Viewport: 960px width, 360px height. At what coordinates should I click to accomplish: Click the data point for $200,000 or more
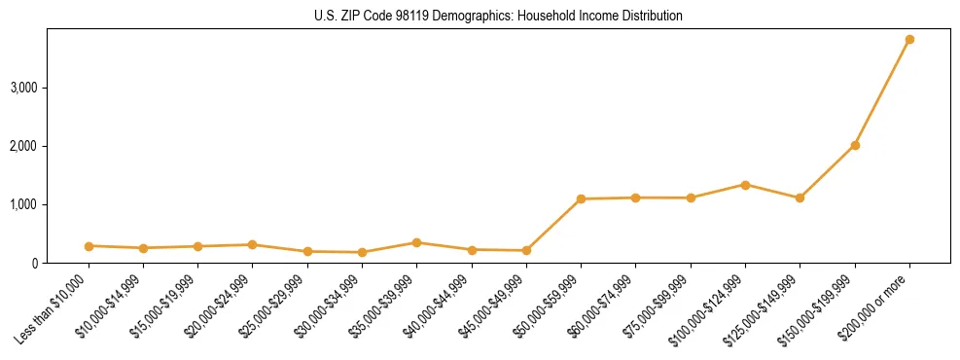[x=909, y=40]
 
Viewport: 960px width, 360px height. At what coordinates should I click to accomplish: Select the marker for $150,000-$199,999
[x=855, y=145]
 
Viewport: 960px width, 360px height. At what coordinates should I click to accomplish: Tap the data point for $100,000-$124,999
[x=745, y=185]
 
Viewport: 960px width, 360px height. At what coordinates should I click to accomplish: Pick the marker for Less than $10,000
[x=89, y=246]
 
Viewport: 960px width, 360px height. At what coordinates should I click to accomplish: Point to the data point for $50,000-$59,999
[x=581, y=199]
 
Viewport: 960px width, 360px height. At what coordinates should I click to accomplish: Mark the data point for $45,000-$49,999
[x=526, y=251]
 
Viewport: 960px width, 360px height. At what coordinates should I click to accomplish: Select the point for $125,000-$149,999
[x=800, y=198]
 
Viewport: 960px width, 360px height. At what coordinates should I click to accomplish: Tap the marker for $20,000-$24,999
[x=252, y=245]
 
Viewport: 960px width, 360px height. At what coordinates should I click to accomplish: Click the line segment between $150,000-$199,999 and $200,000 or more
[x=882, y=92]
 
